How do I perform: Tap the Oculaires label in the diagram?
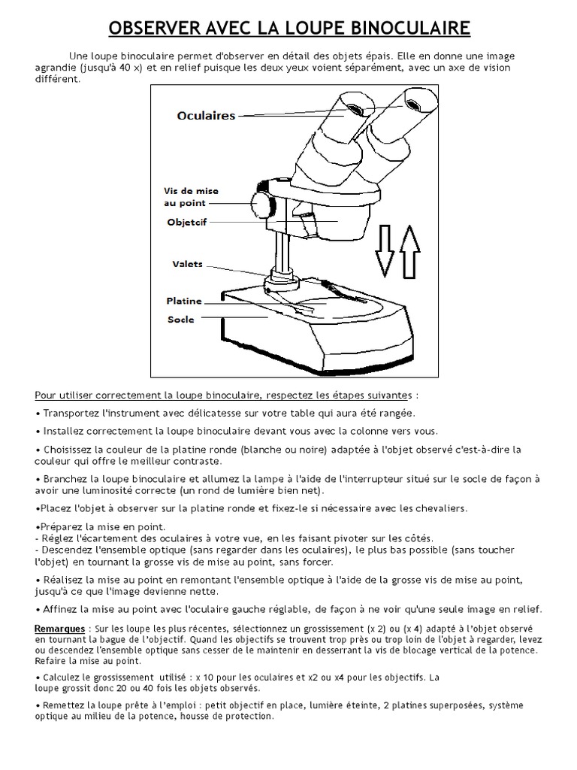click(x=206, y=116)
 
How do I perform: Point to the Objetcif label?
click(x=186, y=223)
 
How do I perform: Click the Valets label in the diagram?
click(x=187, y=264)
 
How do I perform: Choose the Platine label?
click(x=184, y=301)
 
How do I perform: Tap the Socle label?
click(x=180, y=319)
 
